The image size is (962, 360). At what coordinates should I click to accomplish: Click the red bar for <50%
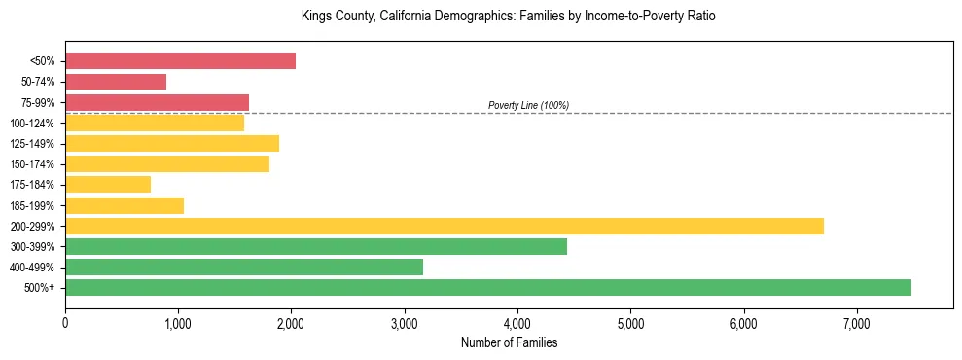[180, 61]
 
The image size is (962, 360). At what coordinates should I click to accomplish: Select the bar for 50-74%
[116, 82]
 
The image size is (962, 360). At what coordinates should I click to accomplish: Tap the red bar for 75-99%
[157, 102]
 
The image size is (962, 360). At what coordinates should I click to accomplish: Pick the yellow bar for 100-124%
[155, 123]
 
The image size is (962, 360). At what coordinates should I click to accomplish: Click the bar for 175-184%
[108, 185]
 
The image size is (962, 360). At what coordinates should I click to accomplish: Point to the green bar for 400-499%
[244, 267]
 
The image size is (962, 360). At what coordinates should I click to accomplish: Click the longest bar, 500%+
[488, 287]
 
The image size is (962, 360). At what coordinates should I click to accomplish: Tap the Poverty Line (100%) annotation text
[528, 105]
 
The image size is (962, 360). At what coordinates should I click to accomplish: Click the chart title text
[509, 17]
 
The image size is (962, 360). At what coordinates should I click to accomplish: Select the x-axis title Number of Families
[509, 342]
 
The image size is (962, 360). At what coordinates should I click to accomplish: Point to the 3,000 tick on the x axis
[405, 324]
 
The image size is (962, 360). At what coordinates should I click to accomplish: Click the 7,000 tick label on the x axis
[857, 324]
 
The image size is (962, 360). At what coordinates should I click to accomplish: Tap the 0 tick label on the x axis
[65, 324]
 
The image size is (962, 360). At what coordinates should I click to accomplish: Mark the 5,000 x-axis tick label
[630, 324]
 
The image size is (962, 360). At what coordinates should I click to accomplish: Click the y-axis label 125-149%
[32, 144]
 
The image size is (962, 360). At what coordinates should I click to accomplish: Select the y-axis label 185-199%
[32, 205]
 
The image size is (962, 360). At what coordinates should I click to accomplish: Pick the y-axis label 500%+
[39, 288]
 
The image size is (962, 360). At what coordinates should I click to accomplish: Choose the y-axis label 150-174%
[32, 164]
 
